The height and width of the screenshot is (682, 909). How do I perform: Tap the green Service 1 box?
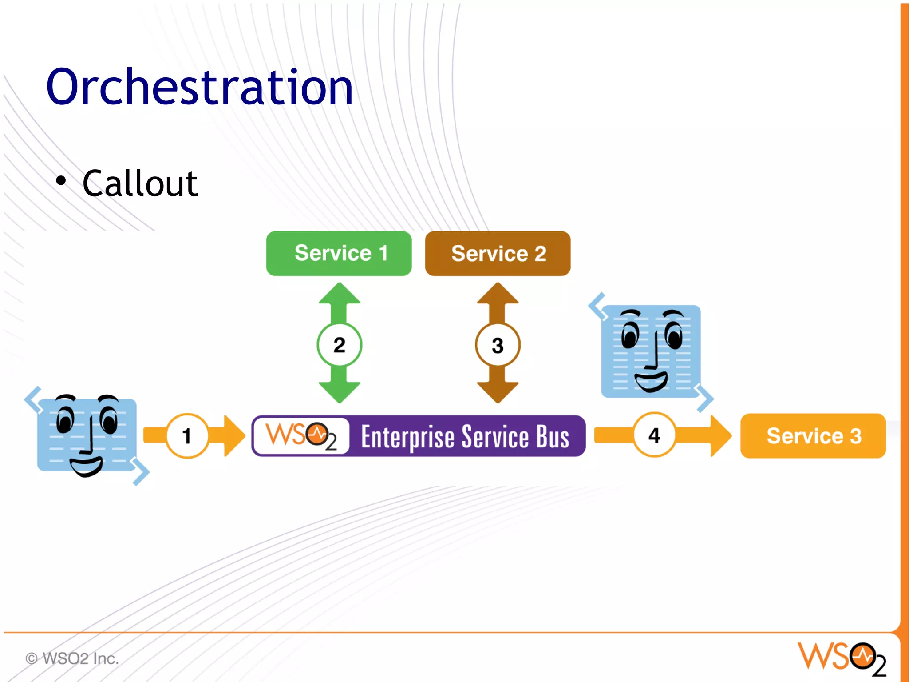coord(339,253)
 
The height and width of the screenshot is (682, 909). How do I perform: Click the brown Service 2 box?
coord(498,253)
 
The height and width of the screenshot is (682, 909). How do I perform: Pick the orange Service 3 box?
coord(813,435)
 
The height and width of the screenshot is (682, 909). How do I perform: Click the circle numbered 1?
coord(187,435)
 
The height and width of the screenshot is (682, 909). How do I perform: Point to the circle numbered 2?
coord(339,345)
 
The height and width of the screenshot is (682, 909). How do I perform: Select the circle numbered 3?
coord(498,345)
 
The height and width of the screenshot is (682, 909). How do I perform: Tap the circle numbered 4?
coord(654,435)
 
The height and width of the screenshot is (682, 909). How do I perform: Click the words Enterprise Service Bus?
coord(465,437)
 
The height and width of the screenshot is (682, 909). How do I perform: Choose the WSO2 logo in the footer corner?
coord(842,658)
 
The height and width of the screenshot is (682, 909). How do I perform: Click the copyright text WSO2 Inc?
coord(72,658)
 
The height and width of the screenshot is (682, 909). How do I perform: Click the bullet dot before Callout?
coord(61,181)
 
